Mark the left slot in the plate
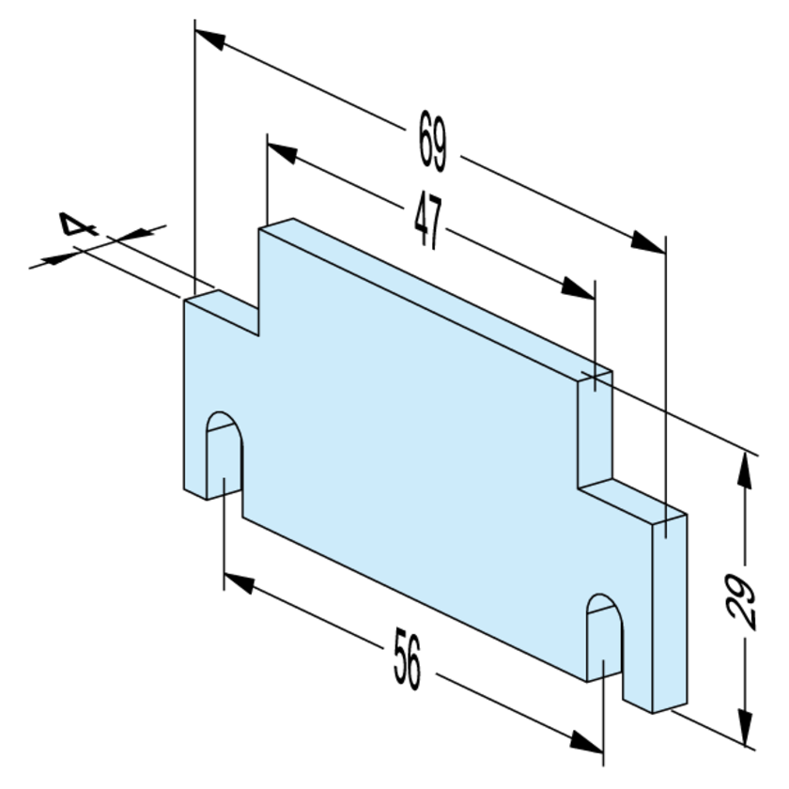(224, 456)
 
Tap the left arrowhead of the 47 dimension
(283, 150)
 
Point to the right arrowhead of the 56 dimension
(586, 743)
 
